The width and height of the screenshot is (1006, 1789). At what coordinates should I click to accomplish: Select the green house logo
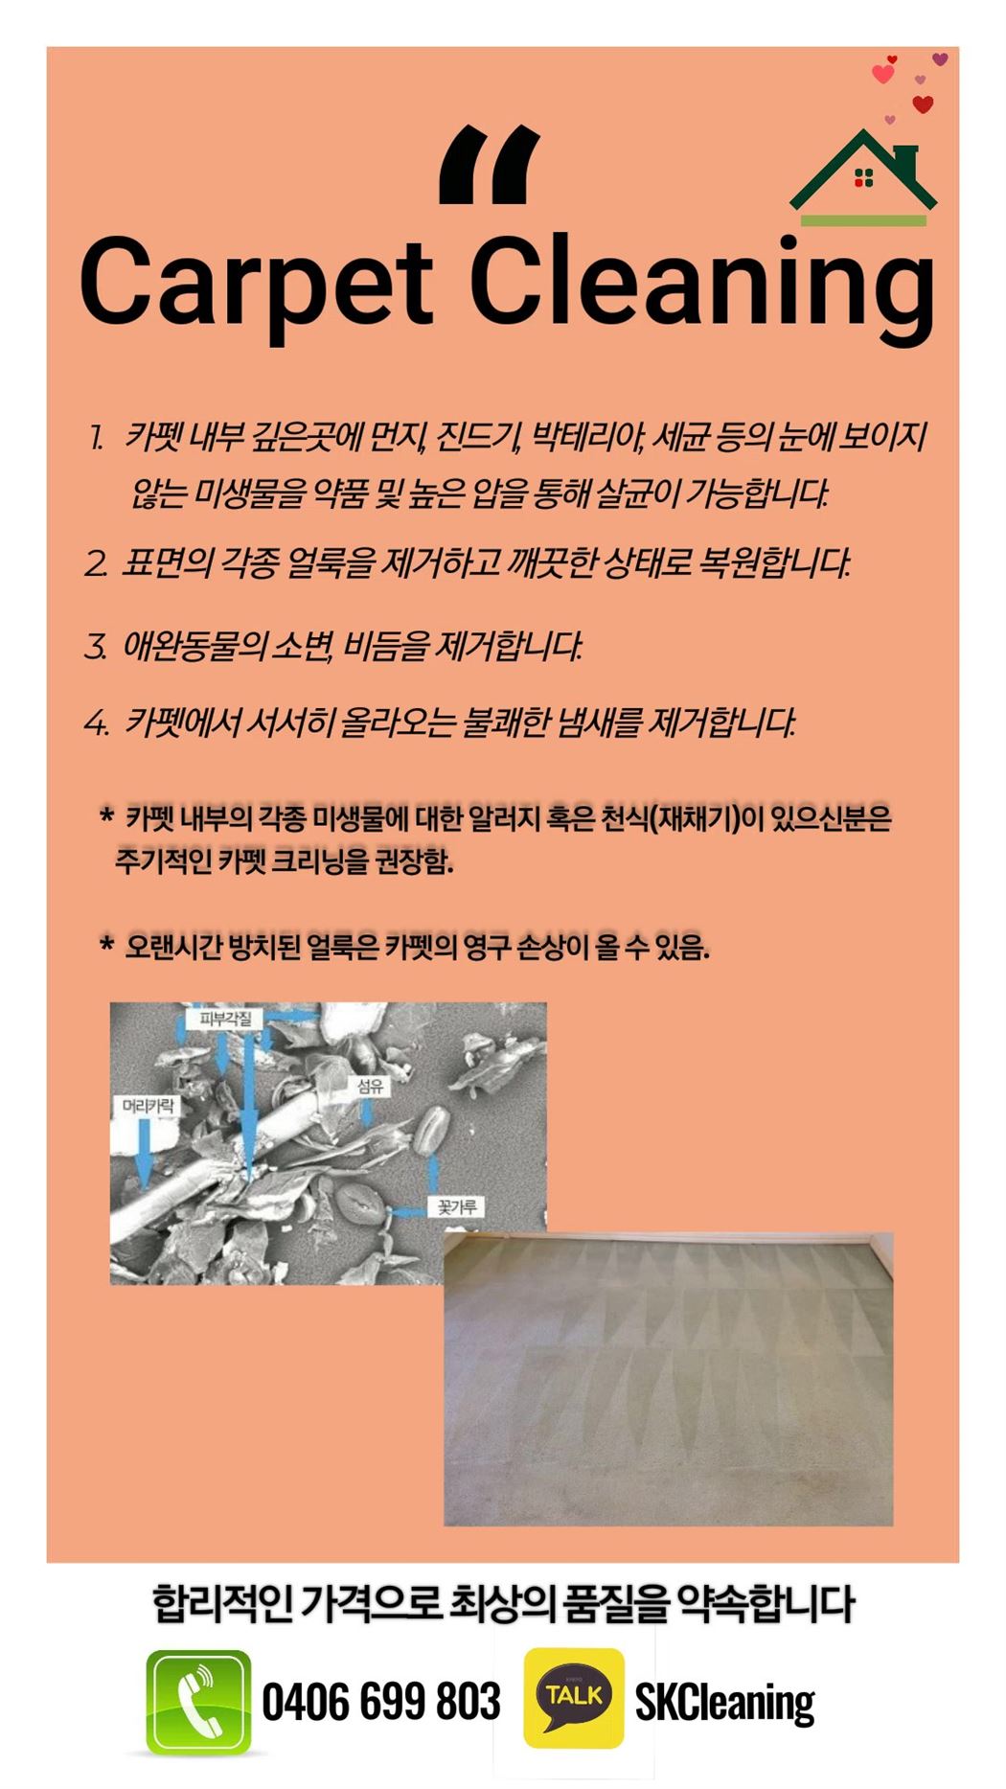(863, 177)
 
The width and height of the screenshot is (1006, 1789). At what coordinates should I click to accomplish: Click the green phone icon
(198, 1702)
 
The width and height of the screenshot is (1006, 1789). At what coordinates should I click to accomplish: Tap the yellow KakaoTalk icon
(573, 1697)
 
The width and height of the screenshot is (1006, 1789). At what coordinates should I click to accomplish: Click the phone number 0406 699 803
(381, 1701)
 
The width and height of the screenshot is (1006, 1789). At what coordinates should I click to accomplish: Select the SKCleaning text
(724, 1703)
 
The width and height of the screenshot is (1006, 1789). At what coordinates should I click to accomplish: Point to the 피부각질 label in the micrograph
(225, 1018)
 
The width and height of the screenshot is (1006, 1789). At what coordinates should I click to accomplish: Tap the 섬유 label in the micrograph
(371, 1086)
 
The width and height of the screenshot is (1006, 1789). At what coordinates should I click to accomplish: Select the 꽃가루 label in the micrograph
(456, 1206)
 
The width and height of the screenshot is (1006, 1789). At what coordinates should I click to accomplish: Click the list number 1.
(96, 439)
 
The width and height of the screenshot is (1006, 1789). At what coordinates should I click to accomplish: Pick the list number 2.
(96, 563)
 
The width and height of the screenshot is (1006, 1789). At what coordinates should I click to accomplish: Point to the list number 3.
(96, 647)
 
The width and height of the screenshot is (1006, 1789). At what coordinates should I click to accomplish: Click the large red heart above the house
(923, 104)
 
